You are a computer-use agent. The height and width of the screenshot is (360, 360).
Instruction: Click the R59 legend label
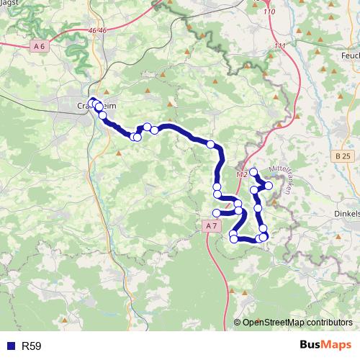tap(32, 346)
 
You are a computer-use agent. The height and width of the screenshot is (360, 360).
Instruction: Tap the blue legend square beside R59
tap(11, 346)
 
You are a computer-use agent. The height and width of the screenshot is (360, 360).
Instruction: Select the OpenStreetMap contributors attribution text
tap(297, 323)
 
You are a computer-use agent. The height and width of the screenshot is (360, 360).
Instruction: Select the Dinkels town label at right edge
tap(344, 213)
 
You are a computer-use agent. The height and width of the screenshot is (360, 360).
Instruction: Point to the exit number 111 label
tap(279, 46)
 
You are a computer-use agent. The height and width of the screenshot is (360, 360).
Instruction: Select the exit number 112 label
tap(242, 174)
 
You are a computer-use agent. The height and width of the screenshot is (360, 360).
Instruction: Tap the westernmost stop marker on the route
tap(92, 101)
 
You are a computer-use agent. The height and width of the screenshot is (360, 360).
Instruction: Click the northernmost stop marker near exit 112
tap(253, 172)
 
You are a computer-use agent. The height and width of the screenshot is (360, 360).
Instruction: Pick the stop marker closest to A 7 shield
tap(217, 212)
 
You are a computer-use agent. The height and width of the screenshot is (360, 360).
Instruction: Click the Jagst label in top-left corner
tap(9, 3)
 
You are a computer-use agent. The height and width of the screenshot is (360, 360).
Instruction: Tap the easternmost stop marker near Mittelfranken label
tap(269, 186)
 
